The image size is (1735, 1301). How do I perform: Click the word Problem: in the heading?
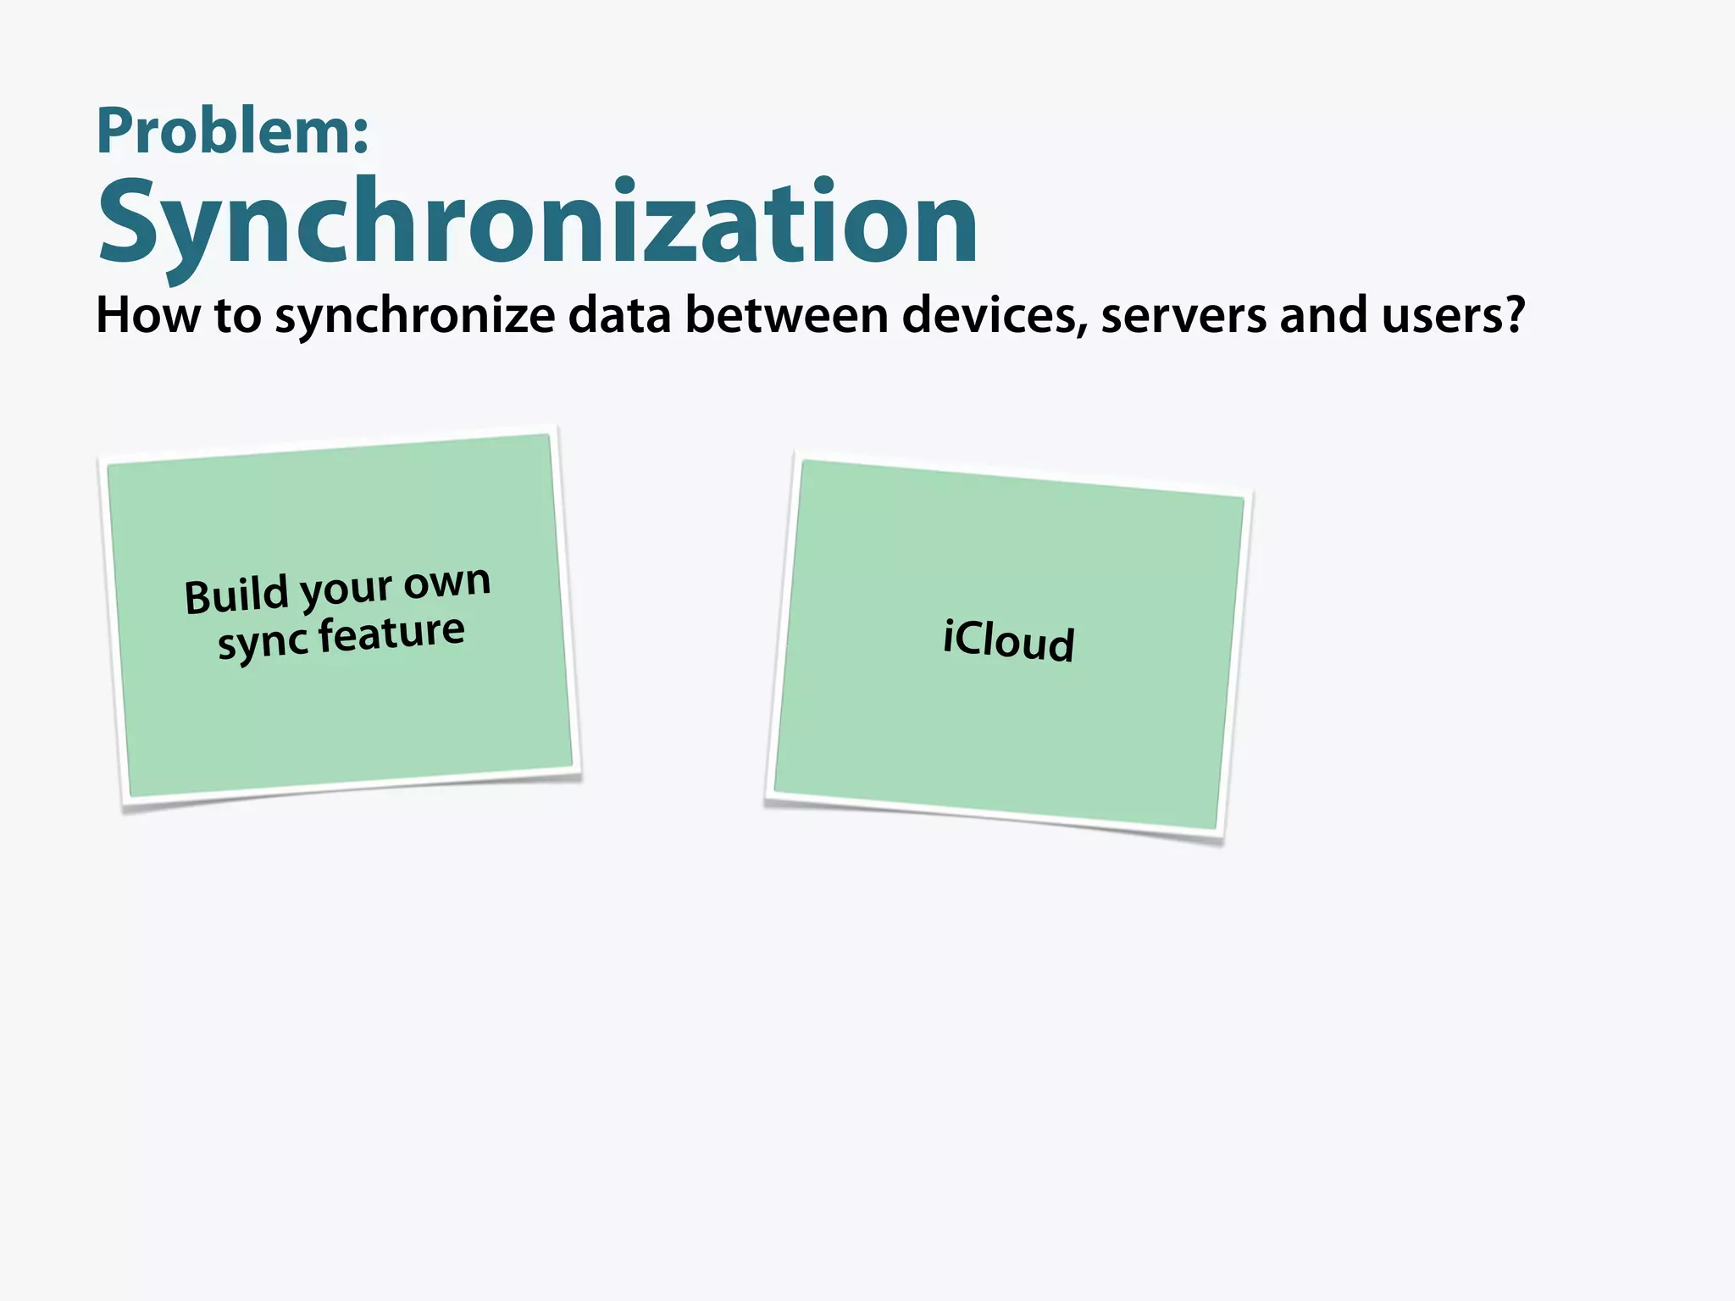[232, 131]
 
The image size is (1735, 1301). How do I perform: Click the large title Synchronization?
[538, 222]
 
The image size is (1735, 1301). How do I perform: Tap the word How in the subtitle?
[148, 315]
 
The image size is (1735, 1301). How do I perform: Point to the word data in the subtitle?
[619, 315]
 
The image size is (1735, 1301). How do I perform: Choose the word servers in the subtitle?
[1183, 317]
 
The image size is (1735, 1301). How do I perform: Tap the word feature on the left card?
[391, 634]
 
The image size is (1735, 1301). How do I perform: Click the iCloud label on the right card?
[1008, 640]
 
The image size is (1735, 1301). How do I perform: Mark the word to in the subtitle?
[237, 316]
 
